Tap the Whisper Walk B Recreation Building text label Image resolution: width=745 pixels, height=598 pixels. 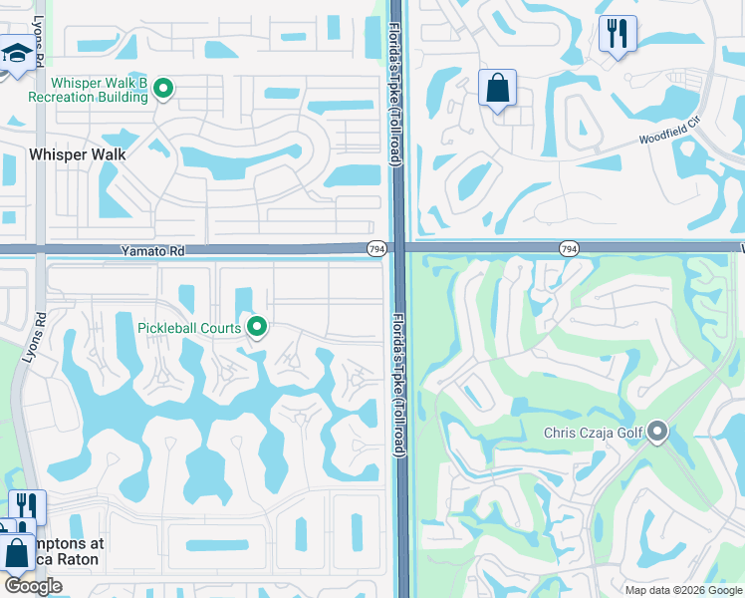88,90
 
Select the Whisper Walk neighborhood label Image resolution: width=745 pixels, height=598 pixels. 78,154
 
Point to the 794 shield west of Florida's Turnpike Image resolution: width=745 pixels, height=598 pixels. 375,248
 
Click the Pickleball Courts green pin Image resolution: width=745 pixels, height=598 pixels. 257,326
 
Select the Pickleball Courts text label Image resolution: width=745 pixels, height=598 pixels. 189,328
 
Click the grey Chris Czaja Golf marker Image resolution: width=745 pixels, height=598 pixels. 657,432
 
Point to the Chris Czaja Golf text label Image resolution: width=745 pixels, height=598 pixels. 594,434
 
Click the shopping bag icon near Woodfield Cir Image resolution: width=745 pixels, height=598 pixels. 497,88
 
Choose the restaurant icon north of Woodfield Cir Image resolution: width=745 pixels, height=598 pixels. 618,35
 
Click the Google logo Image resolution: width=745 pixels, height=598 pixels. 33,586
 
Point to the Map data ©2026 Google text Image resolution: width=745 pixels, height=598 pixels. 682,589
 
